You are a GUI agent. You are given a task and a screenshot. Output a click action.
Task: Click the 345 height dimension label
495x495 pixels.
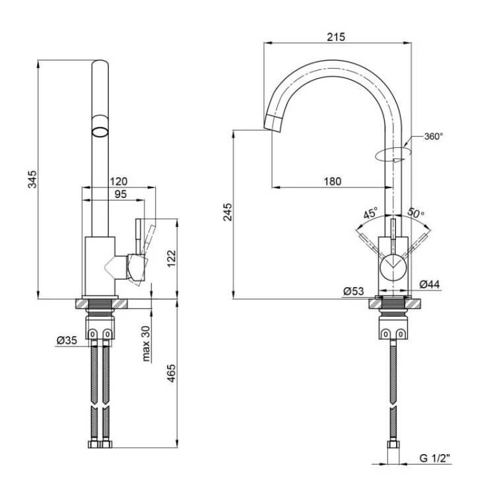coord(32,179)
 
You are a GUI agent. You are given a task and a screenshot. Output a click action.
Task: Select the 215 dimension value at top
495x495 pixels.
coord(336,37)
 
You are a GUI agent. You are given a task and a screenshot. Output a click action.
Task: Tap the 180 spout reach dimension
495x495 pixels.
coord(333,181)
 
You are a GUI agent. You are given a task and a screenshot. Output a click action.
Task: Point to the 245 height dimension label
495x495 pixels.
coord(227,212)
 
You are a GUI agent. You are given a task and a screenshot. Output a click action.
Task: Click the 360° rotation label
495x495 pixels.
coord(434,137)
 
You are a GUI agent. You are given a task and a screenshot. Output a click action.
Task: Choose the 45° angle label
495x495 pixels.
coord(370,213)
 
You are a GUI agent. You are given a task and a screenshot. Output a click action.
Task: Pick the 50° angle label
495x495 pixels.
coord(415,213)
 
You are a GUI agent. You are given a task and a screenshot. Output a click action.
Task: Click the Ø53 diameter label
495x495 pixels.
coord(353,291)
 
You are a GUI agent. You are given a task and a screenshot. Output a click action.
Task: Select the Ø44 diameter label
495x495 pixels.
coord(430,284)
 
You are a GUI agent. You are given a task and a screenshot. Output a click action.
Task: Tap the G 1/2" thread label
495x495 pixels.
coord(435,458)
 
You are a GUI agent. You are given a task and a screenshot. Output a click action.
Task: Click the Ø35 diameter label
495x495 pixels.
coord(67,341)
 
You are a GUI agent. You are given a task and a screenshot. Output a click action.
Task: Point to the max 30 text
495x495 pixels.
coord(146,343)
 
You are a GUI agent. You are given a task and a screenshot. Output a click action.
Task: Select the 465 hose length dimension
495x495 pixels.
coord(171,373)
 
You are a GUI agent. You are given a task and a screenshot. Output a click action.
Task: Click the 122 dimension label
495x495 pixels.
coord(171,259)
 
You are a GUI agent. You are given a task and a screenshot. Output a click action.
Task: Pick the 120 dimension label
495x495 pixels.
coord(118,181)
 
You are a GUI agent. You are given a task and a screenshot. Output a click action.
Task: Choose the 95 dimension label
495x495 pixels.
coord(121,194)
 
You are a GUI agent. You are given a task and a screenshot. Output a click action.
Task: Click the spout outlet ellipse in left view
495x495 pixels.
coord(100,131)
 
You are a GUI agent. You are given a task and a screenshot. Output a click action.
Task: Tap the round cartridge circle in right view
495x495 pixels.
coord(393,268)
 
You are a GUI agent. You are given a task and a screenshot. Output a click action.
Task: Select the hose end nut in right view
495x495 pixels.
coord(393,444)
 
